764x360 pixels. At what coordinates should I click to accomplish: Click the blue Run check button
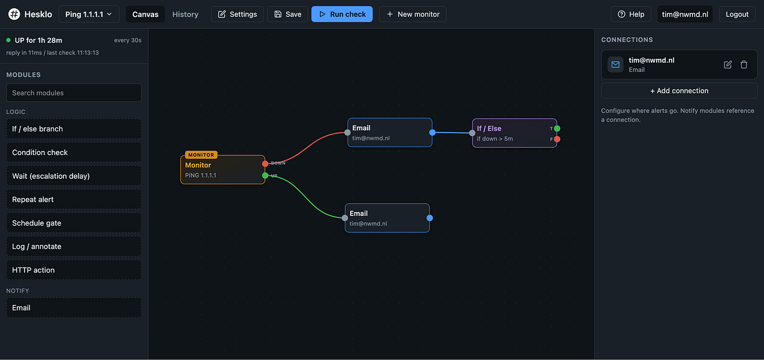[342, 14]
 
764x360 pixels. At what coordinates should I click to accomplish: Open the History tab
[185, 14]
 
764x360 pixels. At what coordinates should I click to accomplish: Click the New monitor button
[413, 14]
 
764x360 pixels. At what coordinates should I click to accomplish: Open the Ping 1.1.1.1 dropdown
[89, 14]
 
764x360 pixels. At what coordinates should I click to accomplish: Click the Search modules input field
[74, 93]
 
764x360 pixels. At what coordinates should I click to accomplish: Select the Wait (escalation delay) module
[74, 176]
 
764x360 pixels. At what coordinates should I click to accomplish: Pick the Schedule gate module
[74, 223]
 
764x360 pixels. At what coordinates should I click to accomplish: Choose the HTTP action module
[74, 270]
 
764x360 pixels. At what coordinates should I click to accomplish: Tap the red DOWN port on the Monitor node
[265, 164]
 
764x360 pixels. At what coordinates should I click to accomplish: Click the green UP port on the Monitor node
[265, 175]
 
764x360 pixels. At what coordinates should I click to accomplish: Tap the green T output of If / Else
[557, 128]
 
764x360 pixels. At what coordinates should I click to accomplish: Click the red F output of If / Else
[557, 139]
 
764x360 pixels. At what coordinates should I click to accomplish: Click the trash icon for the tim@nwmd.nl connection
[744, 64]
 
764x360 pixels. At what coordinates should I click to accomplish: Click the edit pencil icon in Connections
[727, 64]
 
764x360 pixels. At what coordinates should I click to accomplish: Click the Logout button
[736, 14]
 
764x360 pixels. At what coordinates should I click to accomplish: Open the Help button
[631, 14]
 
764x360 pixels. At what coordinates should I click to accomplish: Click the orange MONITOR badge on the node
[201, 155]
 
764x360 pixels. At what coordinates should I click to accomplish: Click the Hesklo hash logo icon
[14, 14]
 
